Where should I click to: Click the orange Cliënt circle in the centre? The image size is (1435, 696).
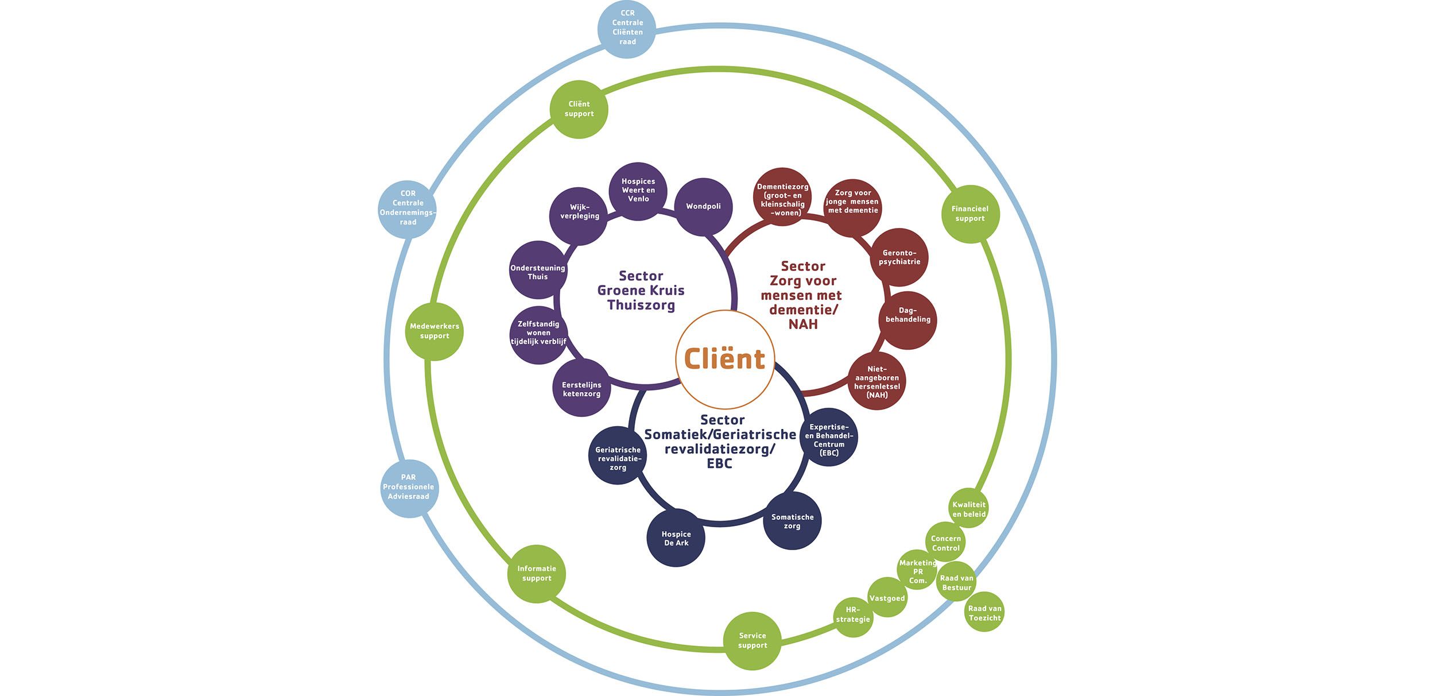[x=725, y=359]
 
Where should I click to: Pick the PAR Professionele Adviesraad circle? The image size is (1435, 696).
[x=409, y=488]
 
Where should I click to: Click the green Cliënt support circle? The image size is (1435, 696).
[x=579, y=109]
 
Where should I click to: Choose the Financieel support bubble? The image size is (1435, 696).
[x=971, y=214]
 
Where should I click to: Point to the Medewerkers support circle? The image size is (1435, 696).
[x=435, y=331]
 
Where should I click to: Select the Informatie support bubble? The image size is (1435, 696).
[x=537, y=574]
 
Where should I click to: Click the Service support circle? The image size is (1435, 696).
[x=753, y=641]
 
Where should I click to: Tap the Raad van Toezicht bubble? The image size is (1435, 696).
[x=984, y=612]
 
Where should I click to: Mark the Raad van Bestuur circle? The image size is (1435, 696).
[x=956, y=581]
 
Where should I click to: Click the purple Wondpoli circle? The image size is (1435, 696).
[x=703, y=207]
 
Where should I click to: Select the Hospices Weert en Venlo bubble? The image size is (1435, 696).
[x=638, y=191]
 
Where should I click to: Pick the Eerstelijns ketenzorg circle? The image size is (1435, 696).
[x=581, y=388]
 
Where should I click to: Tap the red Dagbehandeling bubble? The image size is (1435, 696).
[x=907, y=320]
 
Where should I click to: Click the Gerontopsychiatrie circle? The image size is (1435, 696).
[x=899, y=257]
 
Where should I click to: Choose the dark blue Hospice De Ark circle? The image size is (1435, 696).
[x=676, y=538]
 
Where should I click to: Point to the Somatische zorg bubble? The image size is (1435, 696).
[x=792, y=521]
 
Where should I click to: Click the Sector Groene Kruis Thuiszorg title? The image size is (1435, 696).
[x=641, y=291]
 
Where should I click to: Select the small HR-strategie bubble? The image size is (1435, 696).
[x=853, y=617]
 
